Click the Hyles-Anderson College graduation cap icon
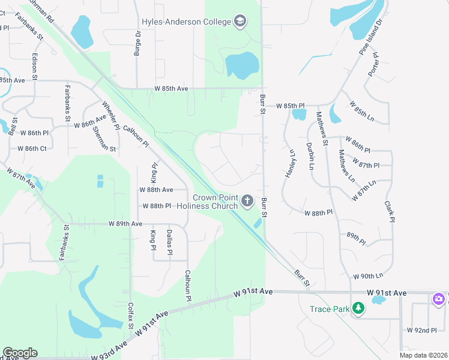(240, 22)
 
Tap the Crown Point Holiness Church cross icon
(247, 199)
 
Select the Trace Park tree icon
(358, 308)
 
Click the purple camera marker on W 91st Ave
(439, 299)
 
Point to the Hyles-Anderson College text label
(186, 22)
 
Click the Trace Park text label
(330, 309)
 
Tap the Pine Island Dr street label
(370, 38)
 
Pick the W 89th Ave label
(125, 223)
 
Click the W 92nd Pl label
(421, 330)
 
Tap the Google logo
(20, 353)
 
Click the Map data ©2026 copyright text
(423, 355)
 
